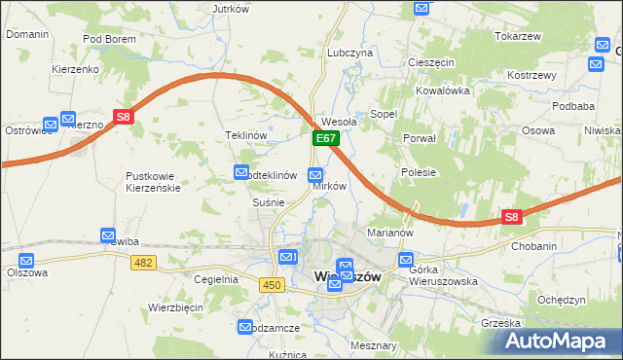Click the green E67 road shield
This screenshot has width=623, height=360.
tap(326, 140)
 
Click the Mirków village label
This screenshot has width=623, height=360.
tap(330, 185)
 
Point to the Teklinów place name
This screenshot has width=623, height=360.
tap(246, 135)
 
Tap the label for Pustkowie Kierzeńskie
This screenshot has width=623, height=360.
tap(153, 181)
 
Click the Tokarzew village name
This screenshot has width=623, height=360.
tap(517, 36)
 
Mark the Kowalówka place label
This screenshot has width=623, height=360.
tap(443, 90)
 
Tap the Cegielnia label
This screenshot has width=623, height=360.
tap(216, 279)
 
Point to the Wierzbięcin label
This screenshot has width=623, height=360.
tap(175, 306)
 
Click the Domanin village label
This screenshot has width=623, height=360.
tap(27, 34)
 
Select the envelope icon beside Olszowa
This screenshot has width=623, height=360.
tap(26, 261)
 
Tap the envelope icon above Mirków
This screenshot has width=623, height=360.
tap(315, 175)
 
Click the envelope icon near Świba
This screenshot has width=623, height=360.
tap(108, 235)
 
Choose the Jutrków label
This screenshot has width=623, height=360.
tap(231, 9)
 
